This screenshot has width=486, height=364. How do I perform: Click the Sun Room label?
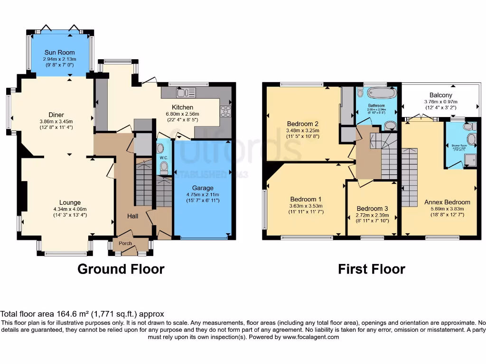(x=60, y=52)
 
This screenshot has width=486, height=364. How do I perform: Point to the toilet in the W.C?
(x=164, y=167)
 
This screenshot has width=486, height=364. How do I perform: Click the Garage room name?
(x=203, y=188)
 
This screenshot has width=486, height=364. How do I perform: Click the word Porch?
(x=125, y=244)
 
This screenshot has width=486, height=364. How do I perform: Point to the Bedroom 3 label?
(x=372, y=209)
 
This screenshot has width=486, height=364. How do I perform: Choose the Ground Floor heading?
(x=121, y=269)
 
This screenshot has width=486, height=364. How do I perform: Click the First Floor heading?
(x=371, y=269)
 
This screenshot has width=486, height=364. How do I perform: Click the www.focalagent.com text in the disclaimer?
(x=311, y=337)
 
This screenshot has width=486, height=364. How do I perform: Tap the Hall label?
(x=132, y=216)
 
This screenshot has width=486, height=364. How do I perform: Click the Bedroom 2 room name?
(x=302, y=124)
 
